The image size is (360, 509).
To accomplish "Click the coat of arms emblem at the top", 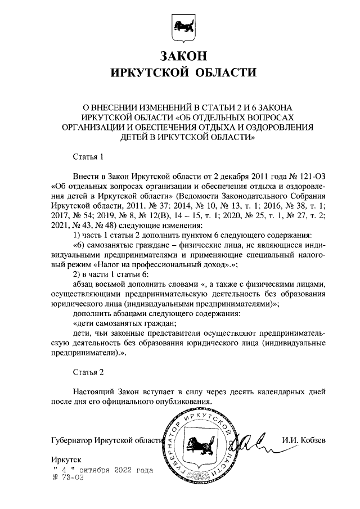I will coord(180,29).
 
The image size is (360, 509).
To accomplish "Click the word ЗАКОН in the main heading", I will coord(180,56).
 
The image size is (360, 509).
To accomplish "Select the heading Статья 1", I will coord(89,155).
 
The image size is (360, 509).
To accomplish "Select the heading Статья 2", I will coord(89,372).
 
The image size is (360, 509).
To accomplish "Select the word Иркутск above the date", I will coord(66,460).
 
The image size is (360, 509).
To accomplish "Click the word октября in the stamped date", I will coord(94,469).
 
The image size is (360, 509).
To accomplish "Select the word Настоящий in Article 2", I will coord(93,391).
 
